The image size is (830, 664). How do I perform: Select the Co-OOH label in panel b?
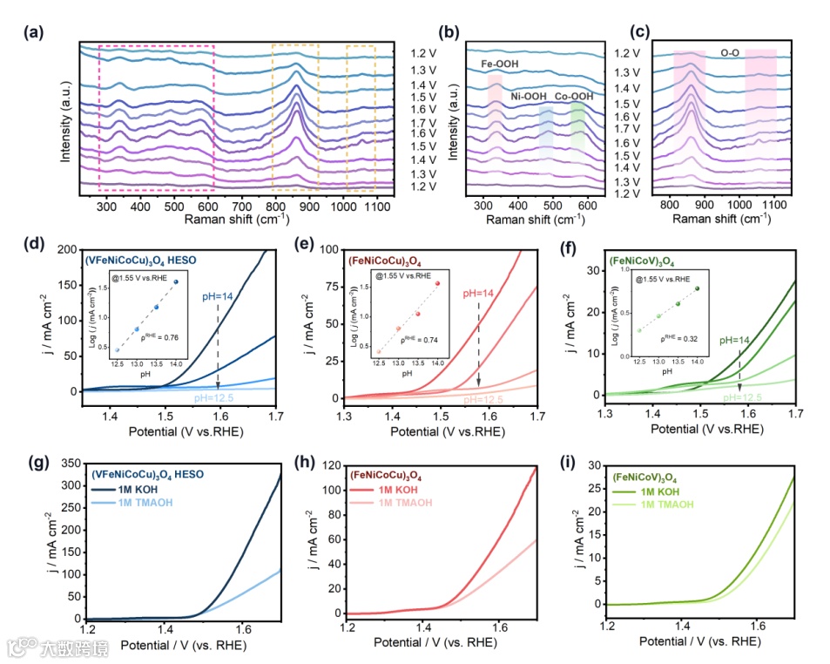(x=574, y=97)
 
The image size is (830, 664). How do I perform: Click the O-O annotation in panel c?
(x=732, y=53)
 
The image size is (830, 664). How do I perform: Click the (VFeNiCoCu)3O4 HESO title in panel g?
(x=148, y=475)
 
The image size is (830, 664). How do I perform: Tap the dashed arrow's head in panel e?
(x=479, y=383)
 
